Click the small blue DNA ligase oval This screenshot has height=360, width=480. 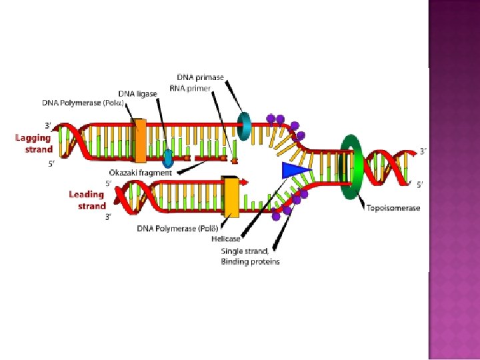point(168,158)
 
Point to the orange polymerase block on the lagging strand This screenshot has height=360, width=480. point(140,141)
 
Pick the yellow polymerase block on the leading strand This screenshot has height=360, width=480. point(231,197)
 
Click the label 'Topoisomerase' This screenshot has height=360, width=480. point(393,208)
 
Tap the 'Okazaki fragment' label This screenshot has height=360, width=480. point(141,173)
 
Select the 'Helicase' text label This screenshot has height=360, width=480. point(226,239)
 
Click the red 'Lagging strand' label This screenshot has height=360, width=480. point(34,143)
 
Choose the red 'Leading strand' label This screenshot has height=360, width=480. point(87,200)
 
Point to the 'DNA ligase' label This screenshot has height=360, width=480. point(138,93)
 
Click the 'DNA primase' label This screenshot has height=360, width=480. point(201,78)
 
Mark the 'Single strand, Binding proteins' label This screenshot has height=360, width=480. point(250,257)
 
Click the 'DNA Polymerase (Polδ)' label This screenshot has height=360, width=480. point(176,229)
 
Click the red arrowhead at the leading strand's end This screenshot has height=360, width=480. point(246,181)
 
